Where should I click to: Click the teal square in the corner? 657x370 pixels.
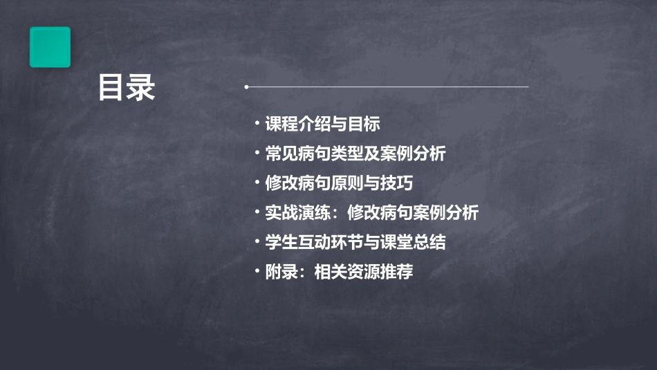(50, 47)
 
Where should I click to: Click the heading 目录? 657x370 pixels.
(126, 88)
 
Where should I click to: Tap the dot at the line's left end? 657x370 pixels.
(246, 87)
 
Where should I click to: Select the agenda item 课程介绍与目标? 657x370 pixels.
(322, 124)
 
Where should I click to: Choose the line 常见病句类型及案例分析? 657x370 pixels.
(355, 154)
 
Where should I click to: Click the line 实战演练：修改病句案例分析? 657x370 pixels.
(371, 212)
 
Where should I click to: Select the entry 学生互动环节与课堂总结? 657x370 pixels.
(355, 242)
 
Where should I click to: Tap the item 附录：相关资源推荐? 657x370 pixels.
(339, 272)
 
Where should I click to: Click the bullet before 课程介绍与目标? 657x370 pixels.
(257, 124)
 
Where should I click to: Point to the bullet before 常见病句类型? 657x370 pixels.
(257, 154)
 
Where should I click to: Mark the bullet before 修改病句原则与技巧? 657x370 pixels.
(257, 183)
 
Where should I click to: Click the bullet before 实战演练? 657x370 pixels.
(257, 212)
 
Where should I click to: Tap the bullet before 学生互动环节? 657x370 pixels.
(257, 242)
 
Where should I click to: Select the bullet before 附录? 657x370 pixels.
(257, 272)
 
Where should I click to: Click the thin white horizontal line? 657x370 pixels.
(387, 87)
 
